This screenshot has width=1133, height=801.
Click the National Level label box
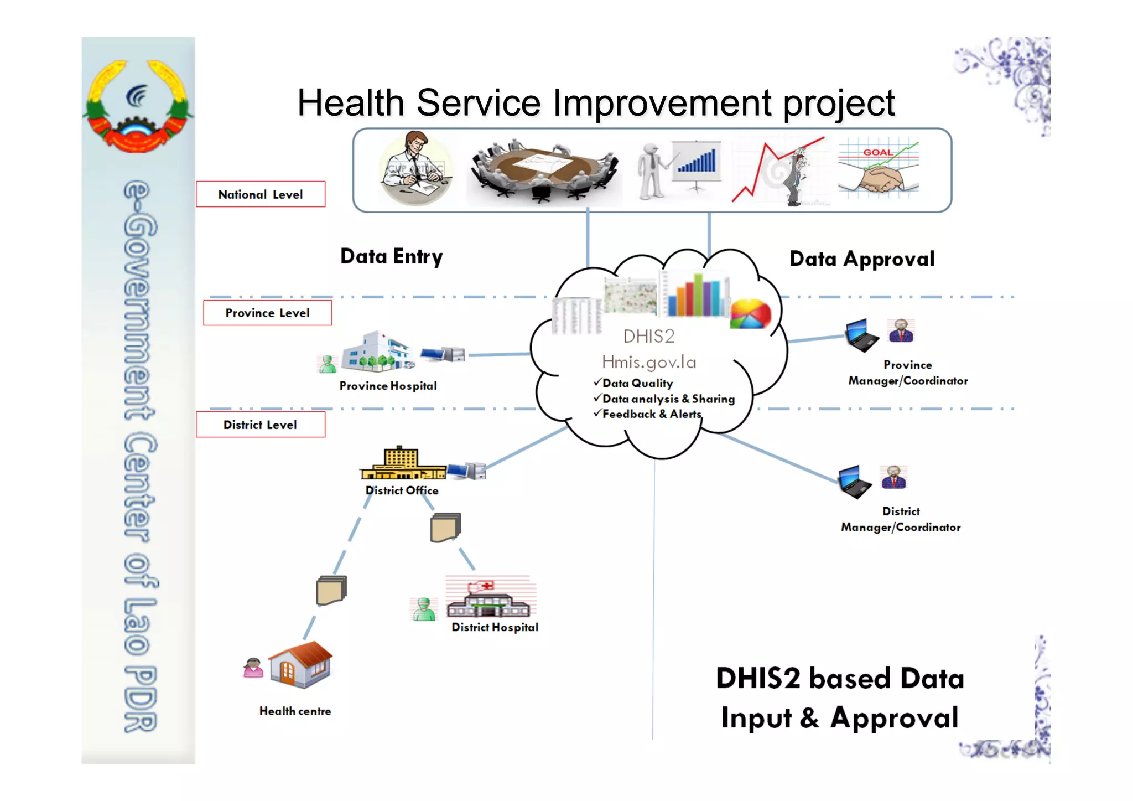261,194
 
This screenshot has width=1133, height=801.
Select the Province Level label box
267,313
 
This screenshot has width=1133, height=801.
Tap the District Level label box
260,425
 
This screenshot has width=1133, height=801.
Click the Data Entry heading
392,256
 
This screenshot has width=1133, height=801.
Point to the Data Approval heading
862,259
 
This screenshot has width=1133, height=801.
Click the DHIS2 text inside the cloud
649,336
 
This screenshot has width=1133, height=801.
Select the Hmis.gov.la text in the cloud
649,362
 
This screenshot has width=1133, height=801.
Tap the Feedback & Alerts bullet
652,414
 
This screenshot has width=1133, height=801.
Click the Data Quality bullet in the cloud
637,383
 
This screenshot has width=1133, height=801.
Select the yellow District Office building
402,464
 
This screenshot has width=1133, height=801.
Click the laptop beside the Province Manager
861,335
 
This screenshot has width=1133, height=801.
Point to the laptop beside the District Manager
854,482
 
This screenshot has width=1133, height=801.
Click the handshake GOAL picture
878,168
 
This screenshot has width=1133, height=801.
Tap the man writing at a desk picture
415,167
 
